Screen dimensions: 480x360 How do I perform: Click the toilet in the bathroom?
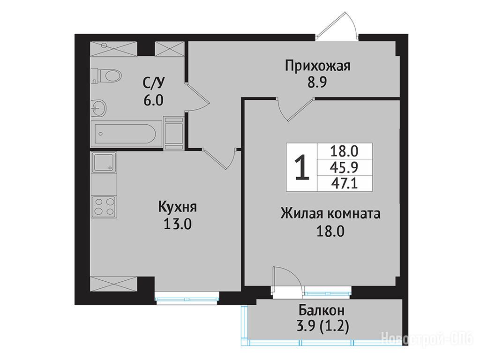click(x=106, y=75)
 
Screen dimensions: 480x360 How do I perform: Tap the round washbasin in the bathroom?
click(x=98, y=108)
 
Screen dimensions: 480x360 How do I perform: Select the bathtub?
click(x=126, y=134)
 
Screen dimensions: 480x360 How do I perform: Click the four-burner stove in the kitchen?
click(x=104, y=207)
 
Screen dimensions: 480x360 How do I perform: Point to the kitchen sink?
click(x=104, y=162)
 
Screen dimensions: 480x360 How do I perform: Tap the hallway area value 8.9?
click(x=317, y=82)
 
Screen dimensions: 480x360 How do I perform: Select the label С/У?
click(x=154, y=82)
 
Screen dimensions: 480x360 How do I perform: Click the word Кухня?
click(x=178, y=207)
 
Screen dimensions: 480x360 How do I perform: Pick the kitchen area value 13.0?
click(x=178, y=225)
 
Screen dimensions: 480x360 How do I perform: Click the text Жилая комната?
click(x=330, y=214)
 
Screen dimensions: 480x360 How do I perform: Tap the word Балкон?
click(x=322, y=311)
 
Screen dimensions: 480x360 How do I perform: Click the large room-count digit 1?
click(x=302, y=167)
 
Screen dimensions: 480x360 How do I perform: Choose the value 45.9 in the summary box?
click(x=344, y=167)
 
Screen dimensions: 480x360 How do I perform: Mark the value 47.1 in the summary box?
click(x=344, y=184)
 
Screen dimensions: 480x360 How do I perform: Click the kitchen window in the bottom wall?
click(x=187, y=298)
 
